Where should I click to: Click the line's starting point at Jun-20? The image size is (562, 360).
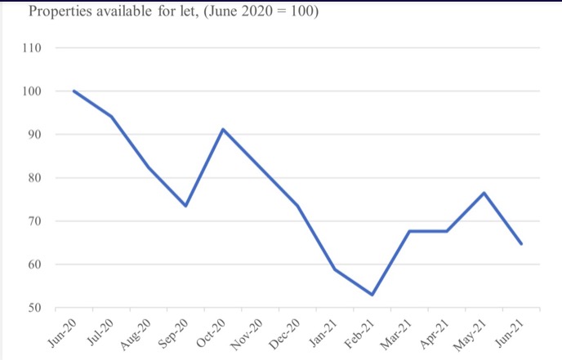coord(74,91)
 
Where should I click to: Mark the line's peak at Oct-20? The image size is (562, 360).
coord(223,129)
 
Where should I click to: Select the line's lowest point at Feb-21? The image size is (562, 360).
coord(372,295)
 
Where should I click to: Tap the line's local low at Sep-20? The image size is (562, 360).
coord(185,206)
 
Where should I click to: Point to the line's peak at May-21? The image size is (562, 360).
coord(484,193)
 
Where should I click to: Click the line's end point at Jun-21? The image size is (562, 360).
coord(522,243)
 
